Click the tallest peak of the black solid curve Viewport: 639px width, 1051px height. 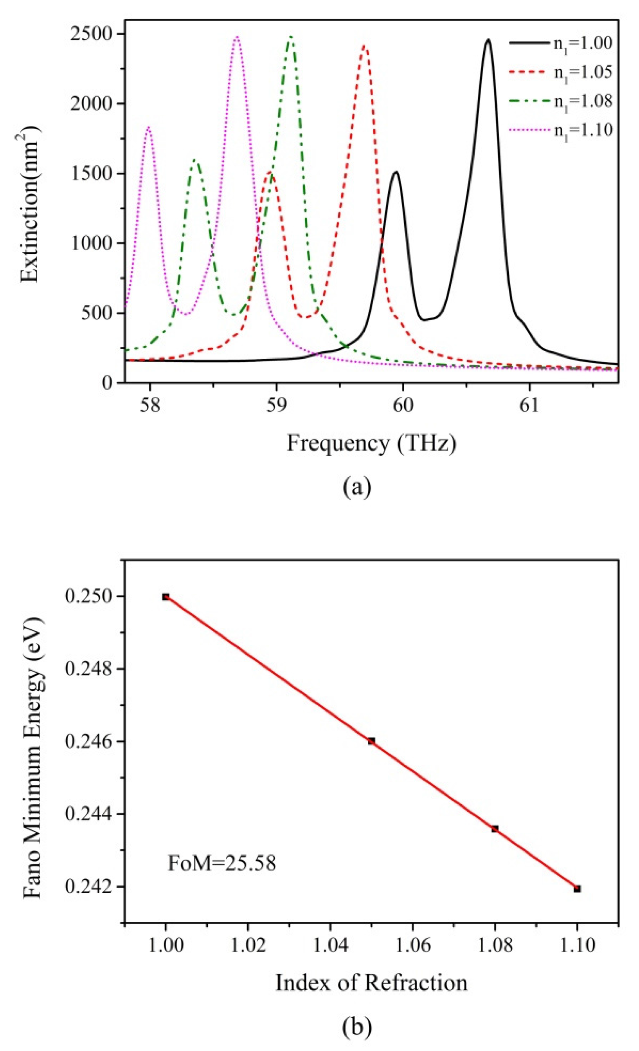coord(488,40)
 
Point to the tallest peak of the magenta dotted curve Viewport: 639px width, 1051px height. coord(237,37)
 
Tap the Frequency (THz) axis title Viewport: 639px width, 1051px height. coord(371,443)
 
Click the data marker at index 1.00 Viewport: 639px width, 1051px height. coord(166,597)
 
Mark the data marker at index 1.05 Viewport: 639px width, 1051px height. coord(371,741)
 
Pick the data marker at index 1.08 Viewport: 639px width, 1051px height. coord(495,829)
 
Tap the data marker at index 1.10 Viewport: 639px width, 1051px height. coord(577,889)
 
